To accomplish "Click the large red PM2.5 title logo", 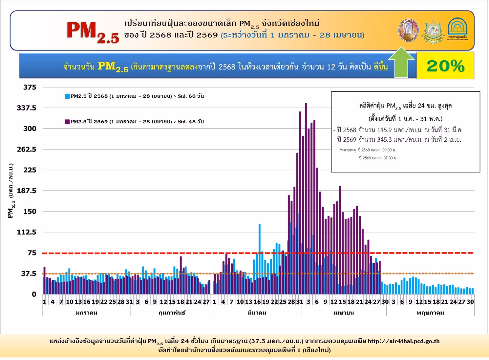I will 93,32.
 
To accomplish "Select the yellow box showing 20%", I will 445,66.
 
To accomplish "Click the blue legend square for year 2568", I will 67,96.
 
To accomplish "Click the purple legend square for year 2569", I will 67,122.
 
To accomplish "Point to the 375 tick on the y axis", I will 30,87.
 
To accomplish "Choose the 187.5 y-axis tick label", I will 27,191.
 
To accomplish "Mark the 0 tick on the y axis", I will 34,294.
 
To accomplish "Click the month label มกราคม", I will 86,313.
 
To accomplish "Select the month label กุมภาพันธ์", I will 172,313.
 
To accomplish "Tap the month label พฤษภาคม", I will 430,313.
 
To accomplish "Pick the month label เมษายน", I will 344,313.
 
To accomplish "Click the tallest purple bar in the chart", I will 306,197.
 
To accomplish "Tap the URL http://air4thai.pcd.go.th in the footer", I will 403,341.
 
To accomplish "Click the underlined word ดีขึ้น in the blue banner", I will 381,67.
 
